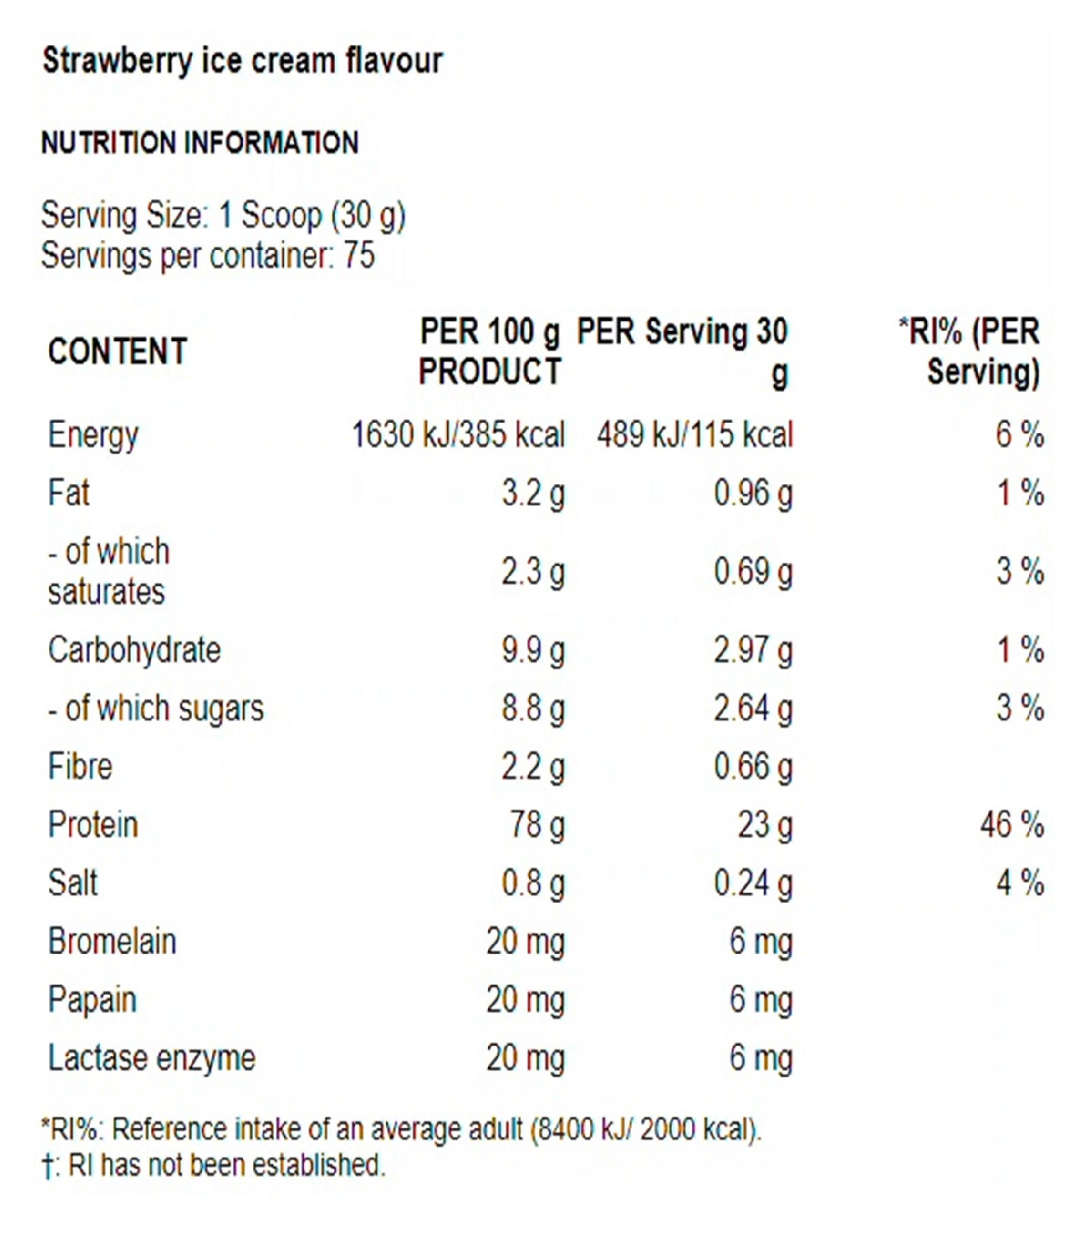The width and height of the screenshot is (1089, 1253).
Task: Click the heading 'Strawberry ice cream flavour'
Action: pos(242,61)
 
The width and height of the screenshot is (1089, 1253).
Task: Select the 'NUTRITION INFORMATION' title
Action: pos(199,143)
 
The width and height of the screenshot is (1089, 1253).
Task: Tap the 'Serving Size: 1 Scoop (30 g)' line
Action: pos(223,216)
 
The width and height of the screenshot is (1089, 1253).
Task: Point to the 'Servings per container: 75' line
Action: pos(208,256)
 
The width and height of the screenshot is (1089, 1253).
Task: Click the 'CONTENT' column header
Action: pos(117,351)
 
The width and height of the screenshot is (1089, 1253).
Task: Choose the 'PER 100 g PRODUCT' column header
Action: pos(490,351)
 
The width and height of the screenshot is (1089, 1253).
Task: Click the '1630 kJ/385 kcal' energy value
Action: pos(457,434)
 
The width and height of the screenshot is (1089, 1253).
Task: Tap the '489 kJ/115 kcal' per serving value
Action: pos(695,434)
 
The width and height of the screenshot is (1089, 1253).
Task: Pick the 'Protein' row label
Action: pos(93,825)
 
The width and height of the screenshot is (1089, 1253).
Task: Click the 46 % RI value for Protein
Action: pos(1011,825)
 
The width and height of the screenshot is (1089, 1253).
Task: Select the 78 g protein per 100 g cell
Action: pos(537,825)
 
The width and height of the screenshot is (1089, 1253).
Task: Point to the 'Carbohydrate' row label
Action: pos(134,650)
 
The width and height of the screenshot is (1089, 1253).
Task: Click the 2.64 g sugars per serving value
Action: pos(753,708)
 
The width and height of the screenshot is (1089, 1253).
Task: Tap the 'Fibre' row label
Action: pos(80,767)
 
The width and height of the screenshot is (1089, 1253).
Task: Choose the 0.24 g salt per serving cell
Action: pos(753,883)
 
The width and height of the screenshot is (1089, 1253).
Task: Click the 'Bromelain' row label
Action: pos(112,942)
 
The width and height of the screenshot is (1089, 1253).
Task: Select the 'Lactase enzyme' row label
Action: pos(151,1058)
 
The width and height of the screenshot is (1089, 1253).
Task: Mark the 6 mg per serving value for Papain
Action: pos(760,1000)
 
